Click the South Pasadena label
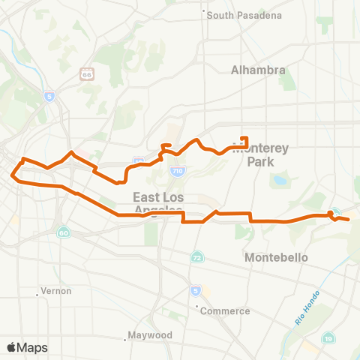pyautogui.click(x=233, y=15)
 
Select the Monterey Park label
pyautogui.click(x=253, y=154)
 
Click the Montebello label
pyautogui.click(x=277, y=257)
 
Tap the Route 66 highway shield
pyautogui.click(x=86, y=74)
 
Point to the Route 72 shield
pyautogui.click(x=196, y=256)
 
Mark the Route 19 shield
pyautogui.click(x=329, y=340)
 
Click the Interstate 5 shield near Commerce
pyautogui.click(x=195, y=290)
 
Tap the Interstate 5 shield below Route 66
pyautogui.click(x=49, y=96)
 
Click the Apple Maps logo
pyautogui.click(x=27, y=347)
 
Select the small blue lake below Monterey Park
pyautogui.click(x=280, y=181)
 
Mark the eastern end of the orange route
pyautogui.click(x=349, y=219)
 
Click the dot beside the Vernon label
pyautogui.click(x=37, y=295)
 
